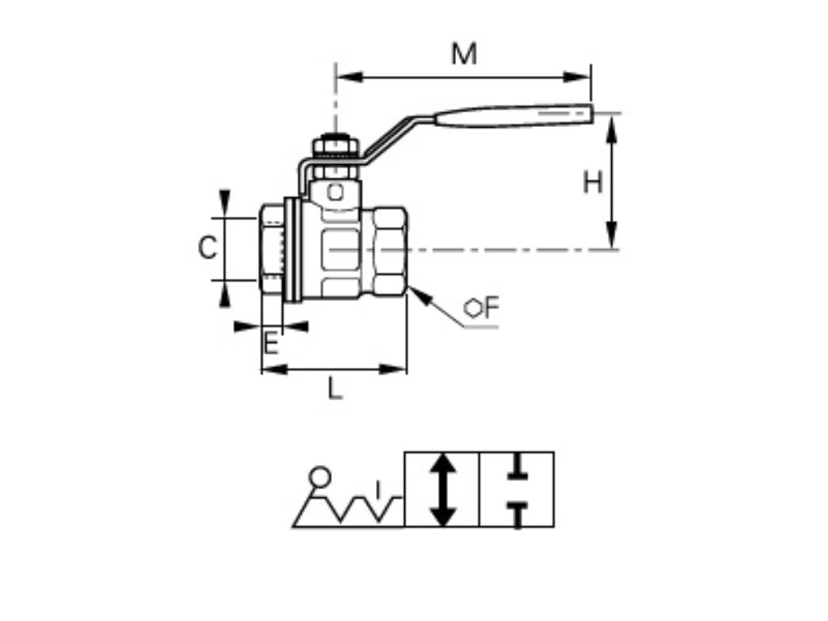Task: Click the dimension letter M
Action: coord(464,54)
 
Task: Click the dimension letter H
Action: coord(593,183)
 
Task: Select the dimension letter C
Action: coord(208,248)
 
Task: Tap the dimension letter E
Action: coord(272,345)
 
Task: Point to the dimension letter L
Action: coord(335,389)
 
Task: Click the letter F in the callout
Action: coord(492,307)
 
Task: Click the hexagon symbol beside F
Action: coord(473,308)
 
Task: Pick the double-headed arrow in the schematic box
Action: coord(441,490)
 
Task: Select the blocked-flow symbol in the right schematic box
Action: coord(517,490)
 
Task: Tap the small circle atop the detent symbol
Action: coord(320,475)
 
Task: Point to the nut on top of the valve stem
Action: coord(336,146)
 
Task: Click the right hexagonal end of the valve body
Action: coord(389,250)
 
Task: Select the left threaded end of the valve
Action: coord(272,250)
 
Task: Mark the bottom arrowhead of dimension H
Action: coord(612,238)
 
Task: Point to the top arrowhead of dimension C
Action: coord(225,202)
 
